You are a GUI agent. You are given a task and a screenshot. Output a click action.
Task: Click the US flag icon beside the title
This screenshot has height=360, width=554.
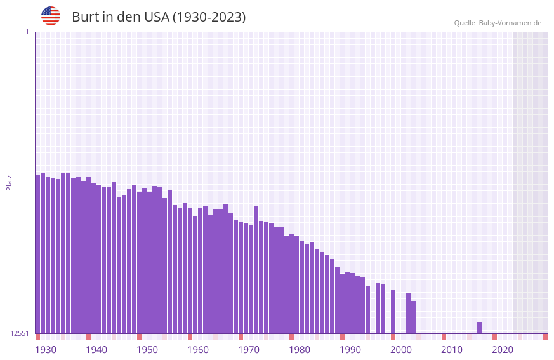pos(51,16)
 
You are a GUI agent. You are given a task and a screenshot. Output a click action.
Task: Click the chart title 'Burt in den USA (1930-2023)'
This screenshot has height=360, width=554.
pos(159,17)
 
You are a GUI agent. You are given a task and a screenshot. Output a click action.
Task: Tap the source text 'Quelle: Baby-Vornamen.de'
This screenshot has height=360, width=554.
pos(498,23)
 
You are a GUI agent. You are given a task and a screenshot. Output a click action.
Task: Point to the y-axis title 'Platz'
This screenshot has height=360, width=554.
pos(9,182)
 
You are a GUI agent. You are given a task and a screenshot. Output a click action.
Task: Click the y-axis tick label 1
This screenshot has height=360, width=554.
pos(27,32)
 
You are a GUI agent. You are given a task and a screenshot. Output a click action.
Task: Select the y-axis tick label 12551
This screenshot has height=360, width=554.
pos(20,333)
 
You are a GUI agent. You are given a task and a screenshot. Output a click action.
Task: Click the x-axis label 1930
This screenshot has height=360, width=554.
pos(46,350)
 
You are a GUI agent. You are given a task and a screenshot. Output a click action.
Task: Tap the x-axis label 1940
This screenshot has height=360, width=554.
pos(96,350)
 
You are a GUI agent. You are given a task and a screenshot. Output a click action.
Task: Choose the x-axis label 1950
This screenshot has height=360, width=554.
pos(147,350)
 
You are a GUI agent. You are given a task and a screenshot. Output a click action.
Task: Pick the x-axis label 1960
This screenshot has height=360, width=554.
pos(198,350)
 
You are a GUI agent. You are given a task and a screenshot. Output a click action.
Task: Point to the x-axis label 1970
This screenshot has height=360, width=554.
pos(249,350)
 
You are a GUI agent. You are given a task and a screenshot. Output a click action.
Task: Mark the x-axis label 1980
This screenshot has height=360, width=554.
pos(300,350)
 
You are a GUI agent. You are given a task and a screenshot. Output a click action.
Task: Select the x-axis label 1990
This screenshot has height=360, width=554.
pos(350,350)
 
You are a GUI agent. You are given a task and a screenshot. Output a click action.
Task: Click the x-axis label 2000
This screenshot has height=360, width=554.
pos(401,350)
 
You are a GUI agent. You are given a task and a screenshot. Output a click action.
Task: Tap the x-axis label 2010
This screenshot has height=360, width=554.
pos(452,350)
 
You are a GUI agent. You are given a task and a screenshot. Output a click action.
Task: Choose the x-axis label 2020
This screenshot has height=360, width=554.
pos(503,350)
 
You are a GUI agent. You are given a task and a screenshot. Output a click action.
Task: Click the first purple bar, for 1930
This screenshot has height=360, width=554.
pos(37,254)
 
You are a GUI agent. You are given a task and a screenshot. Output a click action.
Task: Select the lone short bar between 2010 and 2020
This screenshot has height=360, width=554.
pos(479,328)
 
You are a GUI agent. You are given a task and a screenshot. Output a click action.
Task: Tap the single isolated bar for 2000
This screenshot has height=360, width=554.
pos(393,311)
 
